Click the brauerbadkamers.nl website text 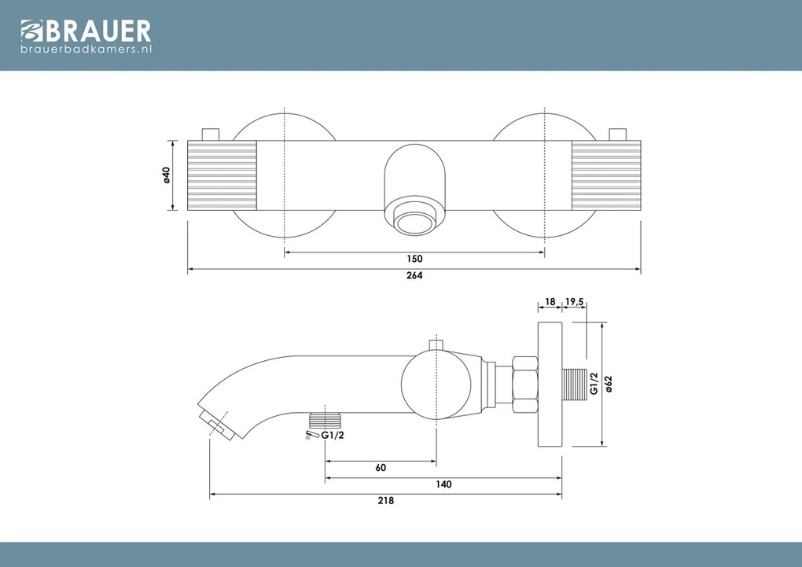click(x=85, y=50)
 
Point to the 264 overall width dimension click(x=414, y=275)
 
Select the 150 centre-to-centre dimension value click(x=414, y=259)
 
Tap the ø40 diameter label click(x=167, y=176)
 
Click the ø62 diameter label click(x=609, y=384)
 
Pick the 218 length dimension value click(x=385, y=501)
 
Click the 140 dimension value click(x=443, y=484)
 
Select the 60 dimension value click(x=381, y=468)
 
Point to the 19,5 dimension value click(x=574, y=301)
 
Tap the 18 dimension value click(x=550, y=301)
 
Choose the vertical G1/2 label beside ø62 click(x=594, y=384)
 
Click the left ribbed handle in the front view click(x=223, y=176)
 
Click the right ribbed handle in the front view click(x=606, y=176)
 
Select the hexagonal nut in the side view click(x=524, y=385)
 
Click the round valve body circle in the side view click(x=436, y=383)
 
